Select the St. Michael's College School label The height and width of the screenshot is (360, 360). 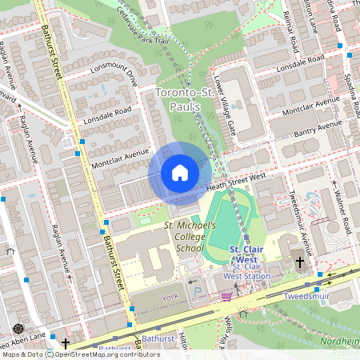tap(190, 237)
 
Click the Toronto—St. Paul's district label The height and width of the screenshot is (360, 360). tap(188, 100)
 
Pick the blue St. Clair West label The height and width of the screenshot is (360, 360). tap(242, 254)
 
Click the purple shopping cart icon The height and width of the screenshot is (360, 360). tap(226, 296)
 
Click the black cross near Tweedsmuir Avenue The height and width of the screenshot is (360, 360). tap(300, 262)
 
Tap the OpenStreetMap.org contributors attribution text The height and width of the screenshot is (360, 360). tap(91, 354)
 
